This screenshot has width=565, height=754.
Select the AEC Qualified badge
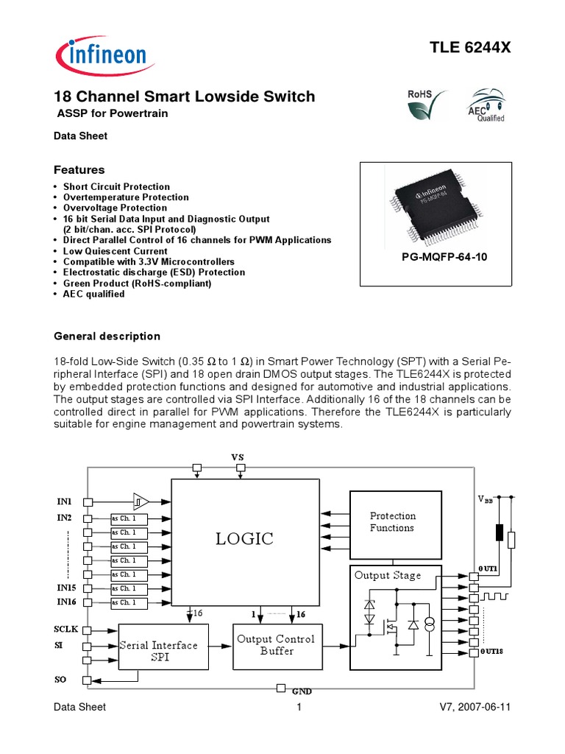(x=487, y=108)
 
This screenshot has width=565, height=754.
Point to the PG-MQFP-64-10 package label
(x=434, y=258)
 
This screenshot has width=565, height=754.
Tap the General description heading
(x=107, y=337)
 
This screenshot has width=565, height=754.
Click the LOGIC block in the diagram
(x=244, y=538)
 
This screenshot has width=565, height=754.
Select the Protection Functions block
(x=392, y=522)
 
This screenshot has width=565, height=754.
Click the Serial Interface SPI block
(x=158, y=651)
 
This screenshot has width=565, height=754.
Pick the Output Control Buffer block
(x=276, y=645)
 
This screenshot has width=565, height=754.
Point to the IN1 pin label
(x=65, y=501)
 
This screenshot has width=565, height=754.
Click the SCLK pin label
(x=66, y=630)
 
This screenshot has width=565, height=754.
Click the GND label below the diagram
(x=302, y=692)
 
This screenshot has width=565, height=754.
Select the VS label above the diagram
(x=237, y=457)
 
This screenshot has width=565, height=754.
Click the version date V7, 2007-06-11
(x=475, y=708)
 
